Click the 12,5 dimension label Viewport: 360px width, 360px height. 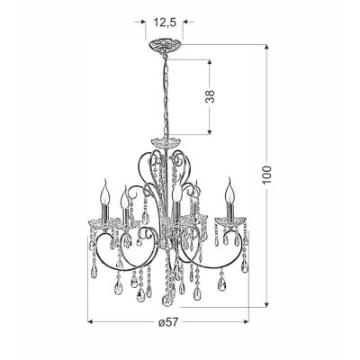point(165,22)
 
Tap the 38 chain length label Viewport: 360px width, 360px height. point(211,96)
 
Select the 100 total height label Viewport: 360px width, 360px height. point(267,175)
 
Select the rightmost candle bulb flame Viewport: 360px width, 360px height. point(229,191)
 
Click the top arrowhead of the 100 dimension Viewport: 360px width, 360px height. point(265,48)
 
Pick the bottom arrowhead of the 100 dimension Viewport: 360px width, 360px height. point(265,304)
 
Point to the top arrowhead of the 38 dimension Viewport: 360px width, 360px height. point(210,62)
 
